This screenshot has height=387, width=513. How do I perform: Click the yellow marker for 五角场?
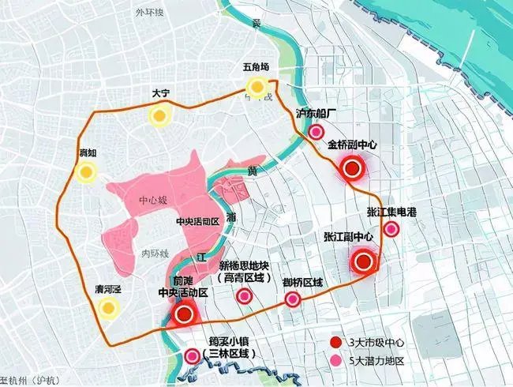click(x=256, y=87)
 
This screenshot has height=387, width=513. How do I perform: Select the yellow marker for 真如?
click(x=87, y=173)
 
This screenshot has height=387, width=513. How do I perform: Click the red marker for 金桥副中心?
click(x=352, y=167)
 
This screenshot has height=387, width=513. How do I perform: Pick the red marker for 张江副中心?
click(x=364, y=261)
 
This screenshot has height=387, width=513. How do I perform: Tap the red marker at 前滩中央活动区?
click(x=184, y=314)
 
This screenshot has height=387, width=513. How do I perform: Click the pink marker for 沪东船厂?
click(x=317, y=133)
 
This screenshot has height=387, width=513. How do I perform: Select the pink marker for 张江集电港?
click(x=390, y=229)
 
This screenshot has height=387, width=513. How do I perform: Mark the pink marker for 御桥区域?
click(x=294, y=299)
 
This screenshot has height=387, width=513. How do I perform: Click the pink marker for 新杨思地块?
click(x=245, y=296)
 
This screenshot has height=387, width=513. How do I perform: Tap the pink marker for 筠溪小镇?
click(x=192, y=356)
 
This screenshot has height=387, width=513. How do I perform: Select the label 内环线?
click(x=155, y=254)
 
